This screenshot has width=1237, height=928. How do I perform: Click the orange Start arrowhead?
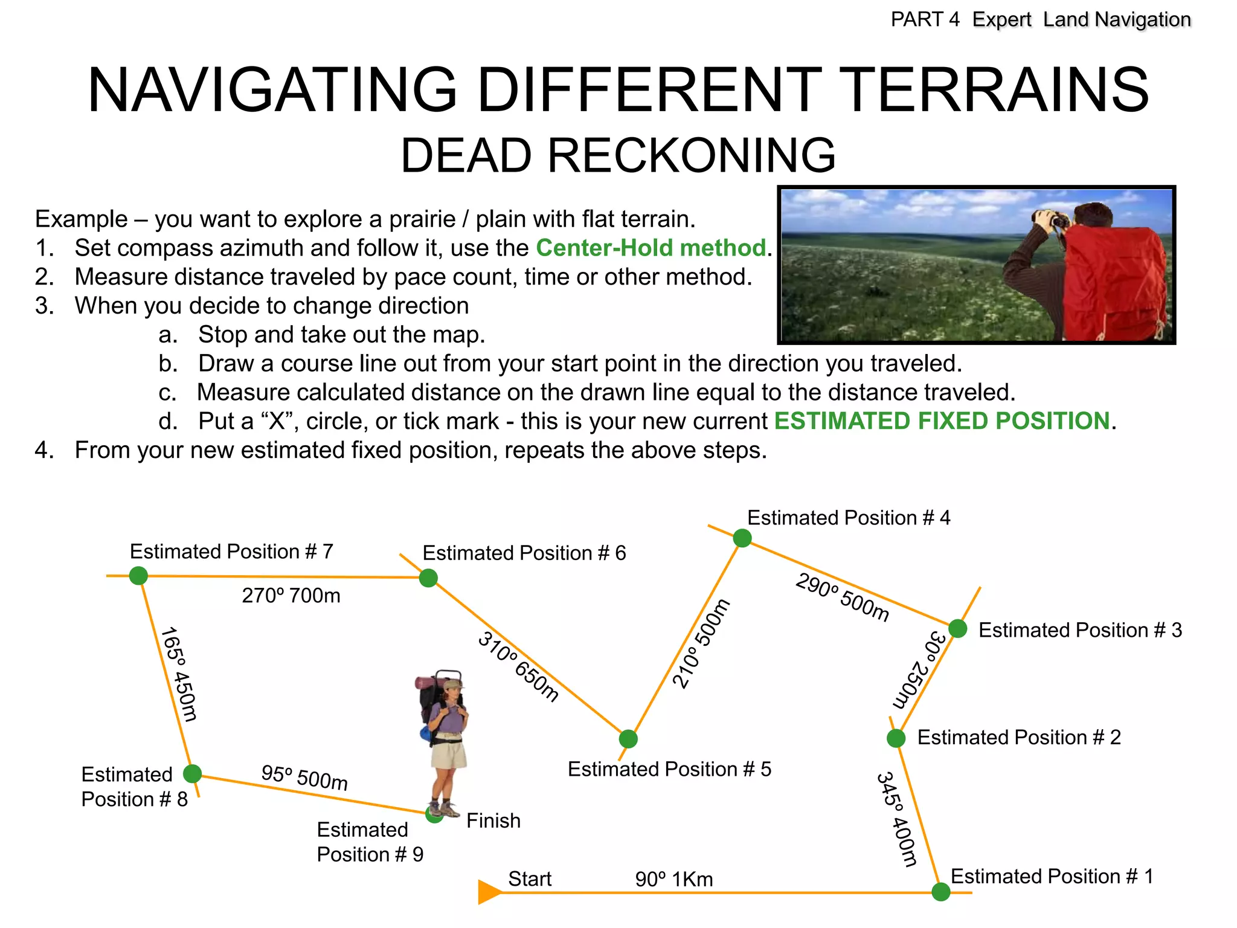[489, 892]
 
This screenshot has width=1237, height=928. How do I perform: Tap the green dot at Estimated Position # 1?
[940, 892]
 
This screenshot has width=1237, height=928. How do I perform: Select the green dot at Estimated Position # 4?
[742, 538]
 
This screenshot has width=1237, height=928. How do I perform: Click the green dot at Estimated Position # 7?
[138, 575]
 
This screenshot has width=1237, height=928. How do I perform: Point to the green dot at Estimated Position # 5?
[628, 738]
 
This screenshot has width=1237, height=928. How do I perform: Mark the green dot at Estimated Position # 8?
[192, 773]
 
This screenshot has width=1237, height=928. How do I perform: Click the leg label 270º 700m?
[291, 596]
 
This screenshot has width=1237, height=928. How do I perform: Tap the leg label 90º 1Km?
[674, 879]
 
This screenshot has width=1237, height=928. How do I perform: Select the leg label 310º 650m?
[518, 666]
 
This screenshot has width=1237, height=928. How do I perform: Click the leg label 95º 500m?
[304, 777]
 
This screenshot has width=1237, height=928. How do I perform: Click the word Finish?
[493, 820]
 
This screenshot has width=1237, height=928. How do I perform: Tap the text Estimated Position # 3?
[1080, 630]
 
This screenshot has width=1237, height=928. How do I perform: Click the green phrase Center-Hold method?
[651, 248]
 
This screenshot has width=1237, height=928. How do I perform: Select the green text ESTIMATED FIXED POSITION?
[942, 420]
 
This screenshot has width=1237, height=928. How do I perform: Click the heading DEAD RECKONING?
[618, 155]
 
